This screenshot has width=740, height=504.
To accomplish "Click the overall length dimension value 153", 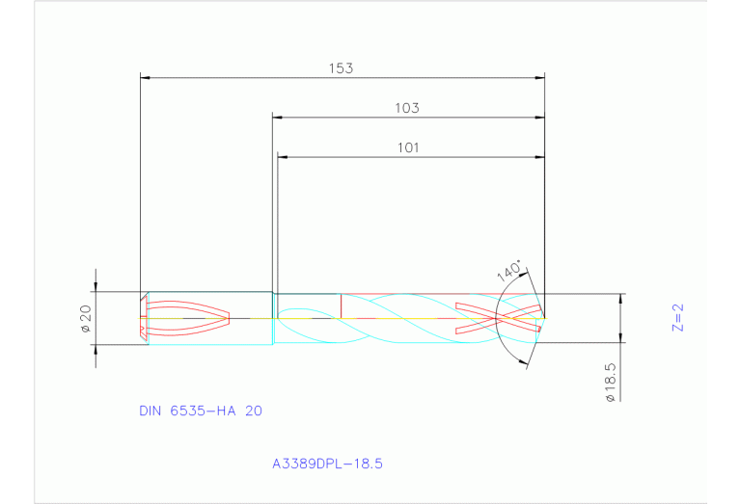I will (341, 68).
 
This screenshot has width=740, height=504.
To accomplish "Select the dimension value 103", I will (407, 109).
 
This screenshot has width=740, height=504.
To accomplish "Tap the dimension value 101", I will (407, 147).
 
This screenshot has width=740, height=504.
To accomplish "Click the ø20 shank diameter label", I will (84, 319).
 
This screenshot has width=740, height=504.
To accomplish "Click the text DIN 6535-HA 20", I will (201, 411).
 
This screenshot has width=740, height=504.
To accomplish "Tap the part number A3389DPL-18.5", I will (328, 464).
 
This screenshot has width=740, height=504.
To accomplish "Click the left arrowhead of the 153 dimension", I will (146, 76).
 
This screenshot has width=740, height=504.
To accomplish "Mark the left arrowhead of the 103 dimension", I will (278, 118).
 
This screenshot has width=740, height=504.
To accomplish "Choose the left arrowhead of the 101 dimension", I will (283, 156).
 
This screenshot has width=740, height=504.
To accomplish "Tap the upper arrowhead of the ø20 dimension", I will (95, 286).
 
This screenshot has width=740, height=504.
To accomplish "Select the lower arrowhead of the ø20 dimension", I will (95, 348).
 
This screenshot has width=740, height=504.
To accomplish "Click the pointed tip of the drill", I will (546, 317).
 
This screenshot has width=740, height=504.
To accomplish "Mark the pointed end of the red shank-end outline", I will (231, 317).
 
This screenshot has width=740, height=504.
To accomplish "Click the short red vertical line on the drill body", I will (341, 305).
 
